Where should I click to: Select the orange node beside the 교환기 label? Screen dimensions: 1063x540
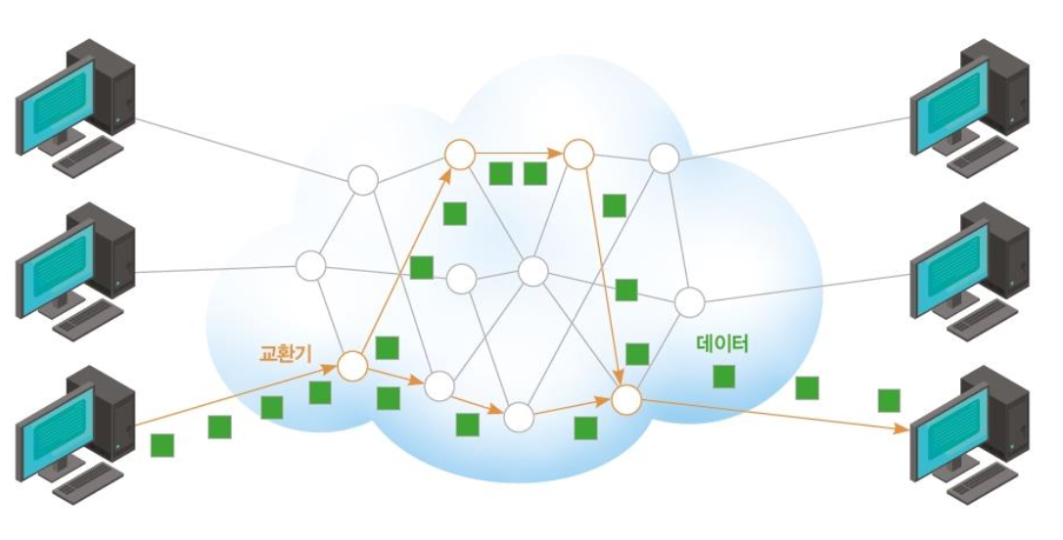[x=352, y=367]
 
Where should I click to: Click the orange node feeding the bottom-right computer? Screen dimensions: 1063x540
[x=625, y=398]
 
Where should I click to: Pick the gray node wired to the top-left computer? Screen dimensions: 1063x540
[x=362, y=181]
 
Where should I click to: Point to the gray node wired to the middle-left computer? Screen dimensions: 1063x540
[x=311, y=265]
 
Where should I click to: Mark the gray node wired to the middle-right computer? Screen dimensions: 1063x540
[x=689, y=300]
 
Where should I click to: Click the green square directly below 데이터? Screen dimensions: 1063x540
[x=723, y=376]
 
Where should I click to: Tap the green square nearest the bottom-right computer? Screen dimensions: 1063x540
[x=889, y=400]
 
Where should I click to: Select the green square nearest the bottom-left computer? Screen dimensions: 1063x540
[x=162, y=445]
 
